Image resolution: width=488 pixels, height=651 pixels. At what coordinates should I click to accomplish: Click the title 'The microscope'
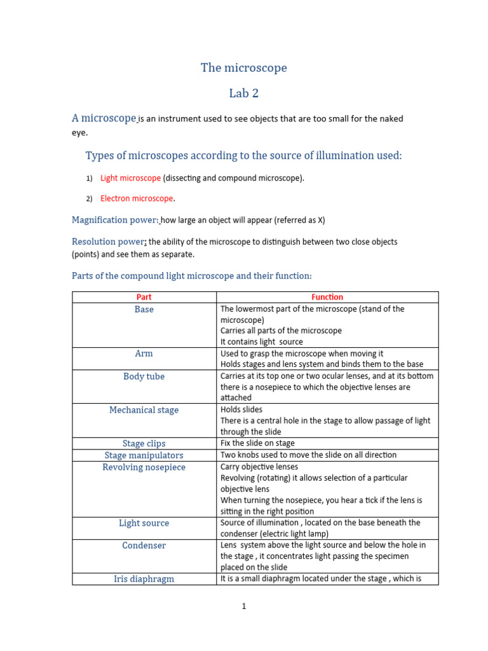click(244, 67)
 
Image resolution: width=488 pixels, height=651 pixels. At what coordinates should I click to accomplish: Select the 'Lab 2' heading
click(244, 93)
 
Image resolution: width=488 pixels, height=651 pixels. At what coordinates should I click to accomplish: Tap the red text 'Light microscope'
click(130, 178)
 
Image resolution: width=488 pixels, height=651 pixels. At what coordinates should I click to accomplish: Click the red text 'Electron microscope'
click(137, 198)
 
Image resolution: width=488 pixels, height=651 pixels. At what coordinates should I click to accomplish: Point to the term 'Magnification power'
click(114, 220)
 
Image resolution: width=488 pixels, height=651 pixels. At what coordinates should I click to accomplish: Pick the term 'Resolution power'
click(109, 242)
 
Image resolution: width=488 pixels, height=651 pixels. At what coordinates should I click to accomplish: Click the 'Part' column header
click(144, 297)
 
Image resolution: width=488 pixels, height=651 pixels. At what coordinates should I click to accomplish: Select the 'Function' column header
click(327, 297)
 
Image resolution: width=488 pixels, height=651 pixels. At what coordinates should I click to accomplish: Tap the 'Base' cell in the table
click(144, 309)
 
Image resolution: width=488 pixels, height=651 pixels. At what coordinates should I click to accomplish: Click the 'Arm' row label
click(144, 353)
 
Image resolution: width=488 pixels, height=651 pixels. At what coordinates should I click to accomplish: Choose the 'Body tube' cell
click(144, 376)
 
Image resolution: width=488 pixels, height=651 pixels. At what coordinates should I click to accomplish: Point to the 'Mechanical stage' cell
click(144, 410)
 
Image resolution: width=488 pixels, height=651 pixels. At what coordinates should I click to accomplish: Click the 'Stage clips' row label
click(144, 444)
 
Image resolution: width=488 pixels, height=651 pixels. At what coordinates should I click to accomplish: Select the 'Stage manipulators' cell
click(144, 455)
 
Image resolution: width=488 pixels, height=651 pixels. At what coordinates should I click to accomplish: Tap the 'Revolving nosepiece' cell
click(144, 467)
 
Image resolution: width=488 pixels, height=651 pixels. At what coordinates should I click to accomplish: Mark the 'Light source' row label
click(144, 523)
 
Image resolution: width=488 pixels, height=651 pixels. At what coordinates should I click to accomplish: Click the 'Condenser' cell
click(144, 545)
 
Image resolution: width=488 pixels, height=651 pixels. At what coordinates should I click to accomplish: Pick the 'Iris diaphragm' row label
click(144, 579)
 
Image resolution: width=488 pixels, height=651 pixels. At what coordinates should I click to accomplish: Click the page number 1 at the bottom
click(243, 606)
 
